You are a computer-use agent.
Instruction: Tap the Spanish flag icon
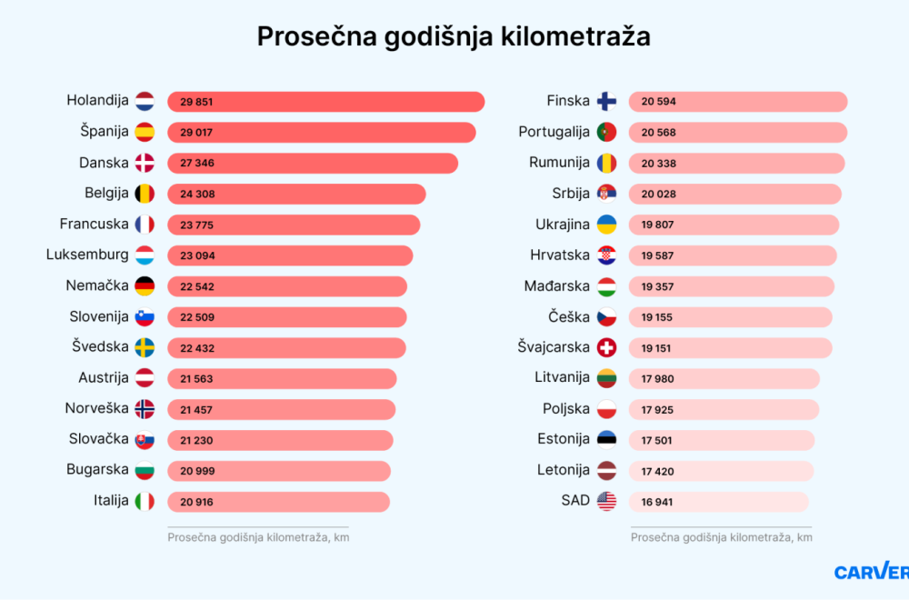click(x=145, y=132)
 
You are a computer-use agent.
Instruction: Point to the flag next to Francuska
click(x=145, y=225)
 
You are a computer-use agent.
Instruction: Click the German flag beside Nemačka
click(x=145, y=286)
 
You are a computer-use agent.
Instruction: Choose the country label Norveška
click(x=96, y=408)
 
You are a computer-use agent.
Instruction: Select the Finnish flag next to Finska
click(x=606, y=101)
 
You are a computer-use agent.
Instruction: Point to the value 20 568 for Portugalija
click(x=658, y=133)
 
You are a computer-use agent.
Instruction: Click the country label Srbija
click(x=571, y=193)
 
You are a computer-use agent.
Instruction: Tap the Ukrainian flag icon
click(x=606, y=225)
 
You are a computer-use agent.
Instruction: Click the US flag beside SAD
click(x=606, y=502)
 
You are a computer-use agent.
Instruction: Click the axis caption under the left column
click(x=258, y=537)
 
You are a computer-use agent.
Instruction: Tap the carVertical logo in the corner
click(x=871, y=572)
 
